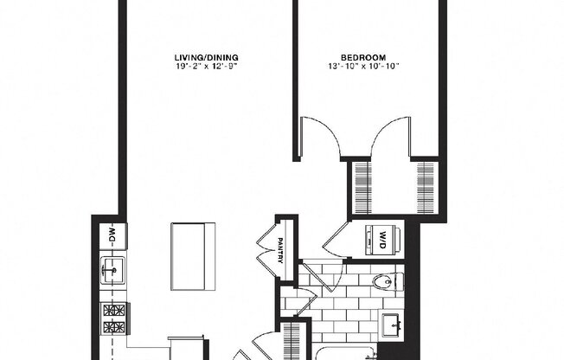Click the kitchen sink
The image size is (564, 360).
coord(112,272)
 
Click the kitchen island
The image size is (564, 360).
coord(192,256)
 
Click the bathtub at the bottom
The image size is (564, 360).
coord(346,353)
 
